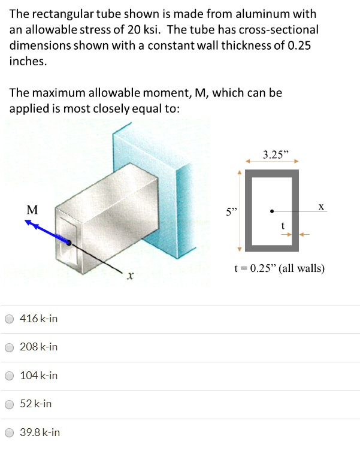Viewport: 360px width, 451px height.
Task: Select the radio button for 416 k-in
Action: point(10,319)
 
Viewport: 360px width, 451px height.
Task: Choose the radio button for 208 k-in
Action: point(10,347)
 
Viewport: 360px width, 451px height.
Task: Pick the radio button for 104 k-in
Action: point(10,376)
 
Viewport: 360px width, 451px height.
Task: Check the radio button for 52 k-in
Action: point(10,404)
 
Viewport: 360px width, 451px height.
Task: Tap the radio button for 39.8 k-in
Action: point(10,432)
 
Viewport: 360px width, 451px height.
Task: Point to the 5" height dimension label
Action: point(231,211)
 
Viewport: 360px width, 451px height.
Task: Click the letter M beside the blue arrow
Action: point(32,210)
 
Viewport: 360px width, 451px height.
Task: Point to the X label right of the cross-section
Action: point(321,206)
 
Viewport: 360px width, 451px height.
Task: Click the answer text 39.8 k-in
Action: point(40,432)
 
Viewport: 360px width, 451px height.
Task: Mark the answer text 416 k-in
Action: point(39,319)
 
